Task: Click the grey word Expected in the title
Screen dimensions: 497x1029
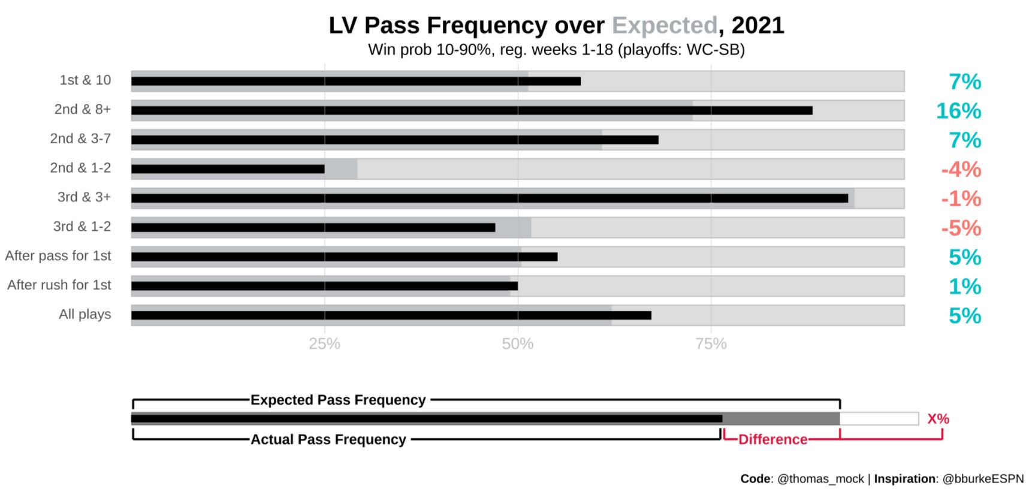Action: (x=664, y=26)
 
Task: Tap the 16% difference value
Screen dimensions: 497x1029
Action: (x=958, y=111)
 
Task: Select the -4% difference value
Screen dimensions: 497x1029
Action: (x=961, y=170)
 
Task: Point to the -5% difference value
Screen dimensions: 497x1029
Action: (x=961, y=228)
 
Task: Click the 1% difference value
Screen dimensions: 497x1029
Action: (x=964, y=287)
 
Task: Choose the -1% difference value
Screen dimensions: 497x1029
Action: (x=961, y=199)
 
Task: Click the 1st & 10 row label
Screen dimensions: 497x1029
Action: (x=85, y=80)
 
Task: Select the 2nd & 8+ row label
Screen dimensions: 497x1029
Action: (x=83, y=110)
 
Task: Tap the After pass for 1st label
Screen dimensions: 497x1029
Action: (x=58, y=256)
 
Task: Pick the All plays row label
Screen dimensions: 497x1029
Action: (x=85, y=315)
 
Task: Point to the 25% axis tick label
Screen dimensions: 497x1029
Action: (x=324, y=344)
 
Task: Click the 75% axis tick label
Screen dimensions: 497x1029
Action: (x=711, y=344)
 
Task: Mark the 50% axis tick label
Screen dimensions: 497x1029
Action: (x=518, y=344)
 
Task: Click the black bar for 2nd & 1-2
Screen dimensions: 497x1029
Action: (x=228, y=170)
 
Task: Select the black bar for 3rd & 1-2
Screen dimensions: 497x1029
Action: (x=313, y=228)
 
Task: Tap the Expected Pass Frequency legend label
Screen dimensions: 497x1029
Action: (x=338, y=400)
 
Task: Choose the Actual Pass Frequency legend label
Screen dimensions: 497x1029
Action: (x=328, y=439)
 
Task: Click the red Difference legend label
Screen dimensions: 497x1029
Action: (x=772, y=439)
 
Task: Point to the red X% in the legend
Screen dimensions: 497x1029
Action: (x=938, y=419)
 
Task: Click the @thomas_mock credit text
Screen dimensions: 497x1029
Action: (x=820, y=479)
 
